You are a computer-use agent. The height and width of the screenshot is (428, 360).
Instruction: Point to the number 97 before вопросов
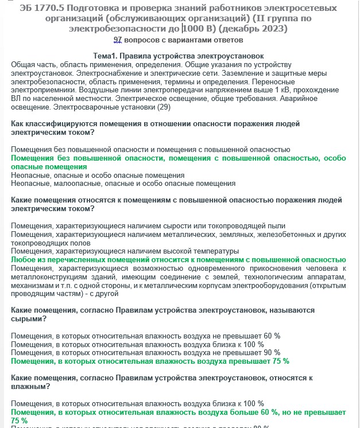118,40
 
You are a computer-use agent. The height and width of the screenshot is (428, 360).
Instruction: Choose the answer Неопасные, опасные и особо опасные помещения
98,174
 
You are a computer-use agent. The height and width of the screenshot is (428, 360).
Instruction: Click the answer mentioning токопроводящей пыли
148,225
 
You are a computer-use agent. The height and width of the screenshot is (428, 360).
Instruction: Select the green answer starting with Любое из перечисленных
178,259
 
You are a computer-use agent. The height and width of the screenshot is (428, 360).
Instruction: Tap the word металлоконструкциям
48,277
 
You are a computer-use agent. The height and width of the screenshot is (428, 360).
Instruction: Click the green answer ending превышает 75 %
150,361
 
